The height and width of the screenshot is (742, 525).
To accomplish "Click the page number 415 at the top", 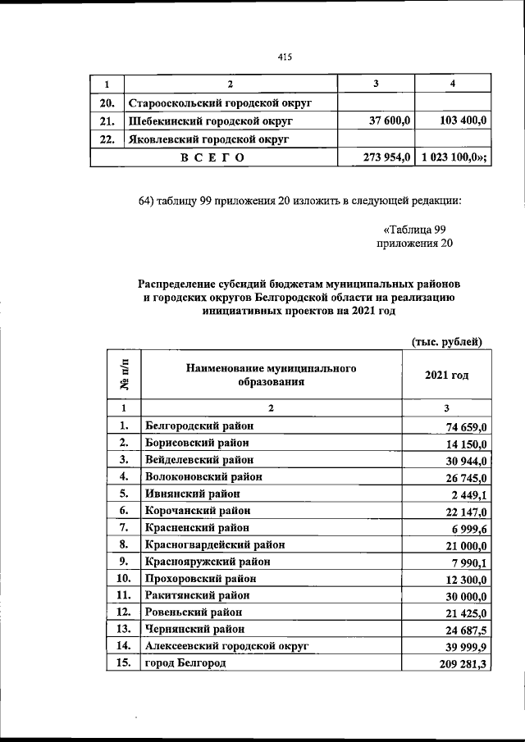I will pyautogui.click(x=285, y=57).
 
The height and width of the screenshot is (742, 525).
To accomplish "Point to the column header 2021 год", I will pyautogui.click(x=447, y=375).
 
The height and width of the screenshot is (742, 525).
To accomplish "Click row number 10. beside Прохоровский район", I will pyautogui.click(x=123, y=579).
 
